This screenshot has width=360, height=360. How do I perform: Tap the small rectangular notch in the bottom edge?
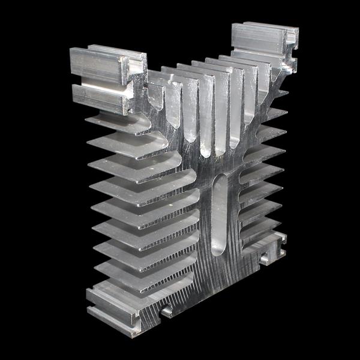coord(166,311)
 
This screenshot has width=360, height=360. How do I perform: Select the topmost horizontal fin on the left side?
coord(117,122)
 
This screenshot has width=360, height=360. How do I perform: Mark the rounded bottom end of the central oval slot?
coord(220,252)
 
